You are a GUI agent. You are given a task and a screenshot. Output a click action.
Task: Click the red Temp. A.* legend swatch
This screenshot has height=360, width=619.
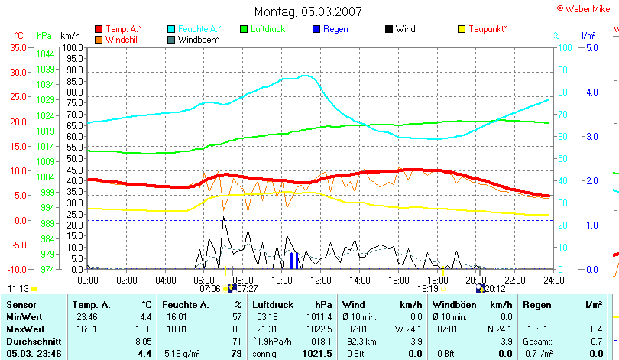99,29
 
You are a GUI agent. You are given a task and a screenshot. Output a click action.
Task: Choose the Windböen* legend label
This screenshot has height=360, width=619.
198,39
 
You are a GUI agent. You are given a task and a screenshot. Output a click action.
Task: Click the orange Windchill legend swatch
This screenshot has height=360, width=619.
99,39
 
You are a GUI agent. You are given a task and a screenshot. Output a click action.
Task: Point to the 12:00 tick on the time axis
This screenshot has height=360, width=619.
319,281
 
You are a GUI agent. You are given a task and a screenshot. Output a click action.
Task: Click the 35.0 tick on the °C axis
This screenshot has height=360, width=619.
18,47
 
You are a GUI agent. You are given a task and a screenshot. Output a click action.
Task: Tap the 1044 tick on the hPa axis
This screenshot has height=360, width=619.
45,54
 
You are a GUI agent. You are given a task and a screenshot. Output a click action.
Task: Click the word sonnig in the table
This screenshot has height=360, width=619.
265,354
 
